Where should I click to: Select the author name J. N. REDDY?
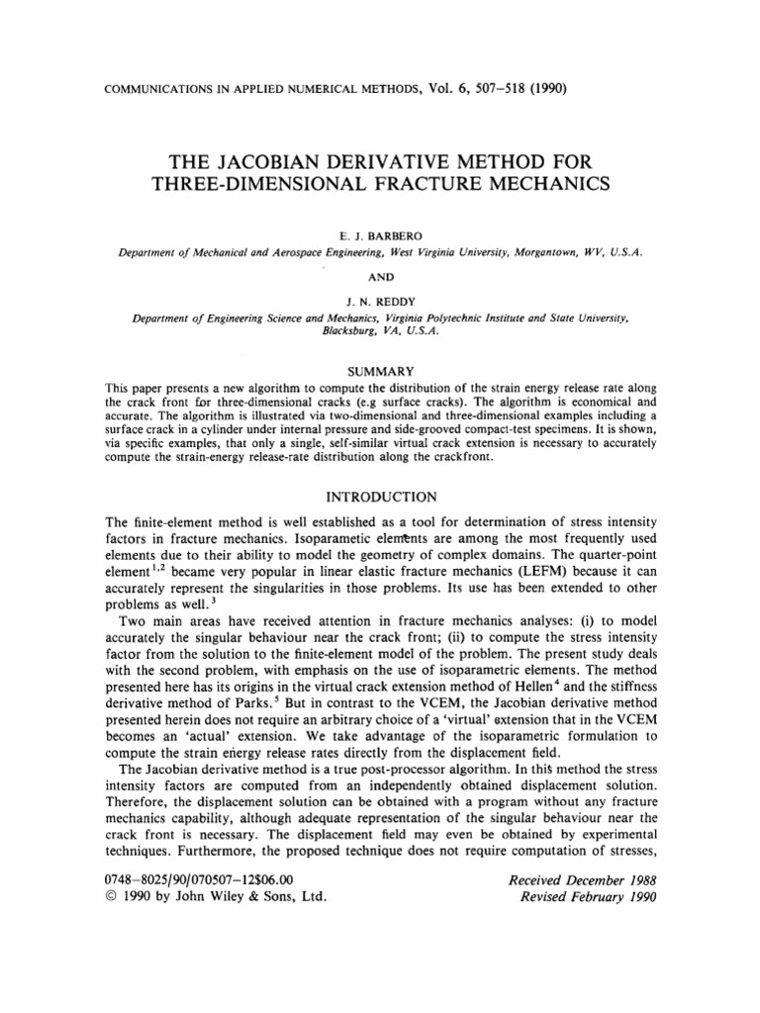click(x=379, y=302)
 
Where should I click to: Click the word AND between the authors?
click(x=379, y=277)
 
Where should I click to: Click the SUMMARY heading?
click(x=379, y=370)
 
